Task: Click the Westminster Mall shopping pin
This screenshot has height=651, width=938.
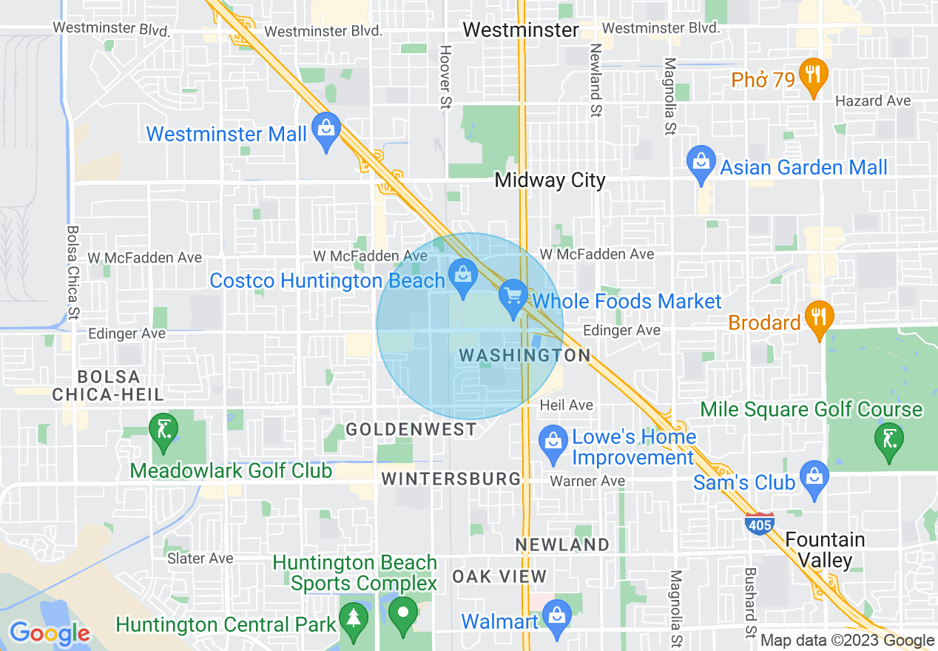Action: (x=325, y=130)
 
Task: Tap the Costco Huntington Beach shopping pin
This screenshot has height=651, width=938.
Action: (x=463, y=278)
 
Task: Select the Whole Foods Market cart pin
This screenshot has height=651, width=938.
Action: (x=513, y=298)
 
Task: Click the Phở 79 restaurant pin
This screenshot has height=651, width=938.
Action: (x=813, y=76)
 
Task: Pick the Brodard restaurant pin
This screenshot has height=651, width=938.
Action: (x=817, y=319)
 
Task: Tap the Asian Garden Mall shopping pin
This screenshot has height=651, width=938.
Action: (x=701, y=164)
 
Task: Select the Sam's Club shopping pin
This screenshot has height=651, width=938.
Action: (x=813, y=479)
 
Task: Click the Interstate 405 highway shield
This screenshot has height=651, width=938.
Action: (x=760, y=522)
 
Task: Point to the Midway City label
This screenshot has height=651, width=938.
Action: (x=550, y=181)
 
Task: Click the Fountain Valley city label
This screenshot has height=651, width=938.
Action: (x=825, y=550)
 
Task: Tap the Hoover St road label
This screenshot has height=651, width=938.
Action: (x=445, y=78)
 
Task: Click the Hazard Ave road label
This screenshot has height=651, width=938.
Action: (x=873, y=101)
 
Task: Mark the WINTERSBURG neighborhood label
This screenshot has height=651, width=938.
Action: (x=451, y=479)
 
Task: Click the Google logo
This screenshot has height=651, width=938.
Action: (x=50, y=633)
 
